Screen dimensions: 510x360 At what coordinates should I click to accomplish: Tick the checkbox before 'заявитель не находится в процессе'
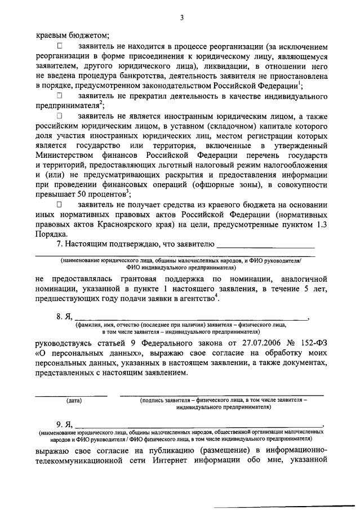[x=61, y=46]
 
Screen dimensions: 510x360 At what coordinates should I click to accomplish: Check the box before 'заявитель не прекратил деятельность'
[x=61, y=96]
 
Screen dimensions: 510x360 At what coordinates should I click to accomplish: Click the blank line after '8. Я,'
[x=192, y=317]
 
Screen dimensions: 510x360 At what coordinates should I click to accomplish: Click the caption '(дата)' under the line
[x=74, y=401]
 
